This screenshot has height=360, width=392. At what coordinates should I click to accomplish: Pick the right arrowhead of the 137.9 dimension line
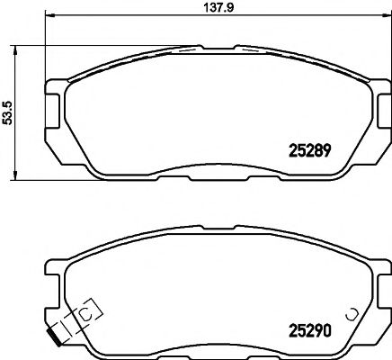[388, 18]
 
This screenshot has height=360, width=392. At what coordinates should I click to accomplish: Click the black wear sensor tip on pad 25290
[57, 340]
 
